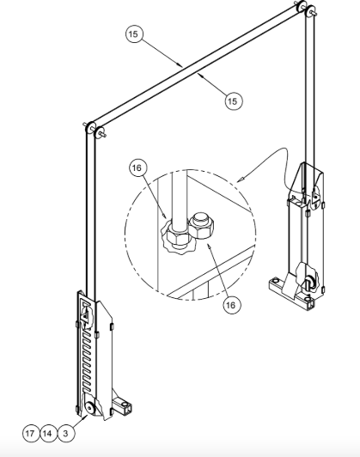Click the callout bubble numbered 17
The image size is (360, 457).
tap(30, 434)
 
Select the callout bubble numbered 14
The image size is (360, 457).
tap(47, 434)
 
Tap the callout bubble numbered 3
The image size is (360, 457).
tap(66, 434)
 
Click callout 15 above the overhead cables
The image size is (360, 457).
tap(133, 34)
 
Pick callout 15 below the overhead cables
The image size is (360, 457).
tap(233, 101)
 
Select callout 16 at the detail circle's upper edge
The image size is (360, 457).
tap(137, 168)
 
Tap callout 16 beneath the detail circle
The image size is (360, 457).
tap(231, 305)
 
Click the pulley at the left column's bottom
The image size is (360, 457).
tap(89, 407)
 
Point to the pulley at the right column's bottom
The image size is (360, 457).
tap(309, 283)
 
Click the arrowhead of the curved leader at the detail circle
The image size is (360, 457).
tap(241, 179)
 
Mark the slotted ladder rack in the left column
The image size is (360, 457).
tap(87, 359)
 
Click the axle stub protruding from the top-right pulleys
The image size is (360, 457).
tap(314, 13)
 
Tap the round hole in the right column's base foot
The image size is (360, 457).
tap(276, 280)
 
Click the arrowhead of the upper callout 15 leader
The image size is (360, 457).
tap(180, 64)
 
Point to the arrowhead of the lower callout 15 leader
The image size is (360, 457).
tap(200, 76)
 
